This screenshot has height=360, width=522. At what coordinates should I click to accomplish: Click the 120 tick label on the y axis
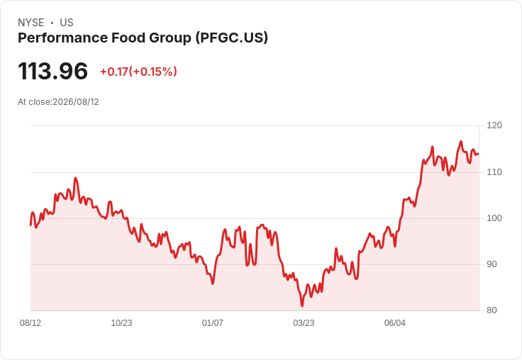coord(494,125)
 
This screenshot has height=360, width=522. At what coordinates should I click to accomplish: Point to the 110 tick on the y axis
coord(494,172)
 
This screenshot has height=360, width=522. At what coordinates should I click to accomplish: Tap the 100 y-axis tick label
coord(494,218)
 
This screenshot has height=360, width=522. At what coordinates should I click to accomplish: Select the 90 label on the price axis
coord(492,264)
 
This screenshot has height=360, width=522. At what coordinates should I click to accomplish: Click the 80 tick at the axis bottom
coord(492,310)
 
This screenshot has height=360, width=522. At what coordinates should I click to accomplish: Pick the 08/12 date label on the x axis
coord(30,323)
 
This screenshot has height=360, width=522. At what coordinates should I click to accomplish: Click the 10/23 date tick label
coord(121,323)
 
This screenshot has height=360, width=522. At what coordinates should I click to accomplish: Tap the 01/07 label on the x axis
coord(212,323)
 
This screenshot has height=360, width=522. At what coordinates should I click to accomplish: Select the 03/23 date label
coord(304,323)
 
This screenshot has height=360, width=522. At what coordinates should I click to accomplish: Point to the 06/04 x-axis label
coord(395,323)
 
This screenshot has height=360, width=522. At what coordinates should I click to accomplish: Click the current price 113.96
coord(52,71)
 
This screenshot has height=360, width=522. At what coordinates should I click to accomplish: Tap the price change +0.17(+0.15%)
coord(138,72)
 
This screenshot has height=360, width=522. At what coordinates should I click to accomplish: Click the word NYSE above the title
coord(31,23)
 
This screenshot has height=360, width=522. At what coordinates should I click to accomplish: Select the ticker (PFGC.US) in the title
coord(232,38)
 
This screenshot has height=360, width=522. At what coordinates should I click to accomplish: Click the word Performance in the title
coord(62,38)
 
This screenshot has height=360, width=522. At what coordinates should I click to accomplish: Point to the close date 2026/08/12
coord(76,102)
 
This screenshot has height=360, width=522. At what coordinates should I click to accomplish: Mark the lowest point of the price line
coord(302,305)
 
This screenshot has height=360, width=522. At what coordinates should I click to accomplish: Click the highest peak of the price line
coord(461,142)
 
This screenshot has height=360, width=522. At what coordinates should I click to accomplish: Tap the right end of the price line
coord(479,154)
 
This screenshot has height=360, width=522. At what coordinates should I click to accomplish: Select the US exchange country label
coord(67,23)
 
